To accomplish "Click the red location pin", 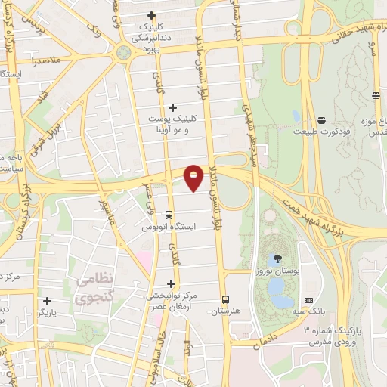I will pyautogui.click(x=194, y=176).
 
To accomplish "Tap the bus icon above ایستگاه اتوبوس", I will pyautogui.click(x=168, y=215).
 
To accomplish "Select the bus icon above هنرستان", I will pyautogui.click(x=224, y=299).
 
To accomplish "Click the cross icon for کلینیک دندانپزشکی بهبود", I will pyautogui.click(x=152, y=15).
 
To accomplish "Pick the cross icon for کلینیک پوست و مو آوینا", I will pyautogui.click(x=173, y=108).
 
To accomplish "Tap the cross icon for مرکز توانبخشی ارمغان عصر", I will pyautogui.click(x=171, y=283).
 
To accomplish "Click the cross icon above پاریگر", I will pyautogui.click(x=47, y=300).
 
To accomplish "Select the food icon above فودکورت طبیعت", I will pyautogui.click(x=322, y=121).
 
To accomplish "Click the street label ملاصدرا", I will pyautogui.click(x=46, y=59).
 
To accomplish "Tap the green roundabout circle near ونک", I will pyautogui.click(x=123, y=53).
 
